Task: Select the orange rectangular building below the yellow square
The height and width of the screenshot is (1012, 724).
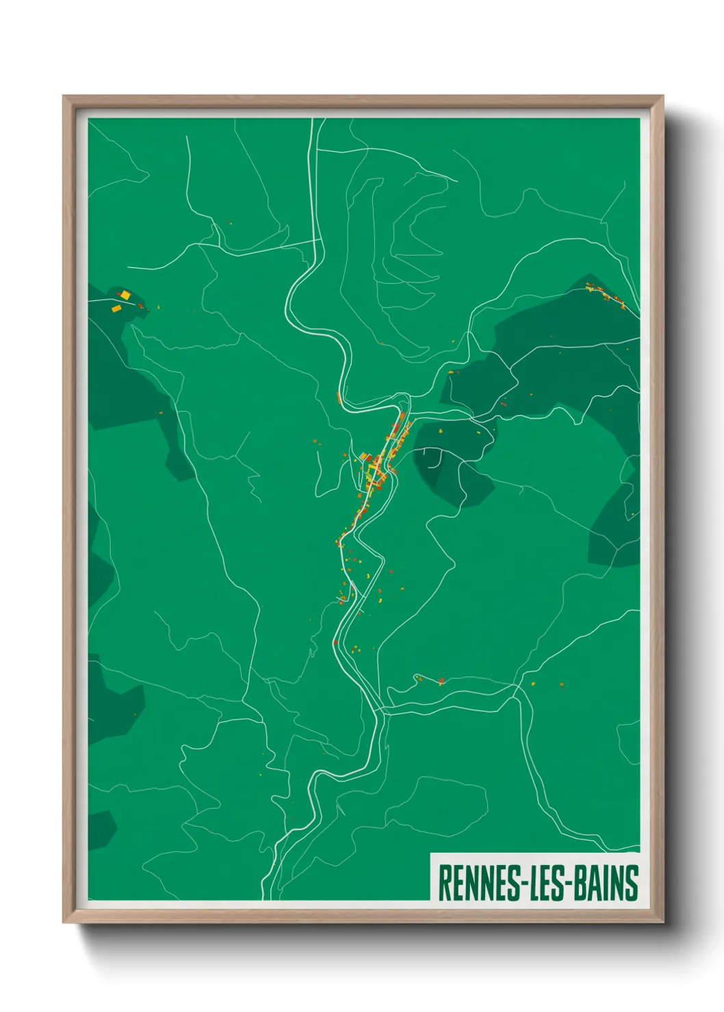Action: [x=116, y=308]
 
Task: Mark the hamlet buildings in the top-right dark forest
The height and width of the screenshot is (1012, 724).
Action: [x=606, y=295]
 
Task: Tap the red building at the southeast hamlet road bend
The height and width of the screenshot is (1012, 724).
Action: [x=441, y=681]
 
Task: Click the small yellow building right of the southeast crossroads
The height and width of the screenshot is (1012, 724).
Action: [x=533, y=683]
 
